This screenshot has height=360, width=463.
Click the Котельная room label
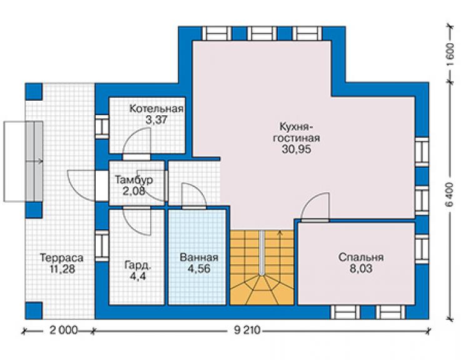click(x=156, y=109)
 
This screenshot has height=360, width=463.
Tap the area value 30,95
click(x=296, y=149)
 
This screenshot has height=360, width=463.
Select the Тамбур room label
click(x=134, y=180)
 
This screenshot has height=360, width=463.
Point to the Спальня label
click(x=361, y=257)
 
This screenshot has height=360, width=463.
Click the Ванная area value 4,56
click(x=199, y=269)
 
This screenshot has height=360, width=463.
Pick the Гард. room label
click(x=138, y=265)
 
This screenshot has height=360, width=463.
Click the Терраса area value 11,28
click(x=62, y=269)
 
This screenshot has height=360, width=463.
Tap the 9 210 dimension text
click(x=247, y=330)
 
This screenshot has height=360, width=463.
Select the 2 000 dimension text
click(x=63, y=330)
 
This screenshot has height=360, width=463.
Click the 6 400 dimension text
click(x=450, y=194)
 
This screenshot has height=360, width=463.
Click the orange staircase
click(x=262, y=267)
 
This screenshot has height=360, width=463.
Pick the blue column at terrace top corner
click(x=34, y=91)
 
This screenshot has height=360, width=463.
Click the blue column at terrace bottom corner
click(x=34, y=311)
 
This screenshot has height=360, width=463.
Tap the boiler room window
click(x=102, y=126)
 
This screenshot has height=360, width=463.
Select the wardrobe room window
click(x=102, y=246)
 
